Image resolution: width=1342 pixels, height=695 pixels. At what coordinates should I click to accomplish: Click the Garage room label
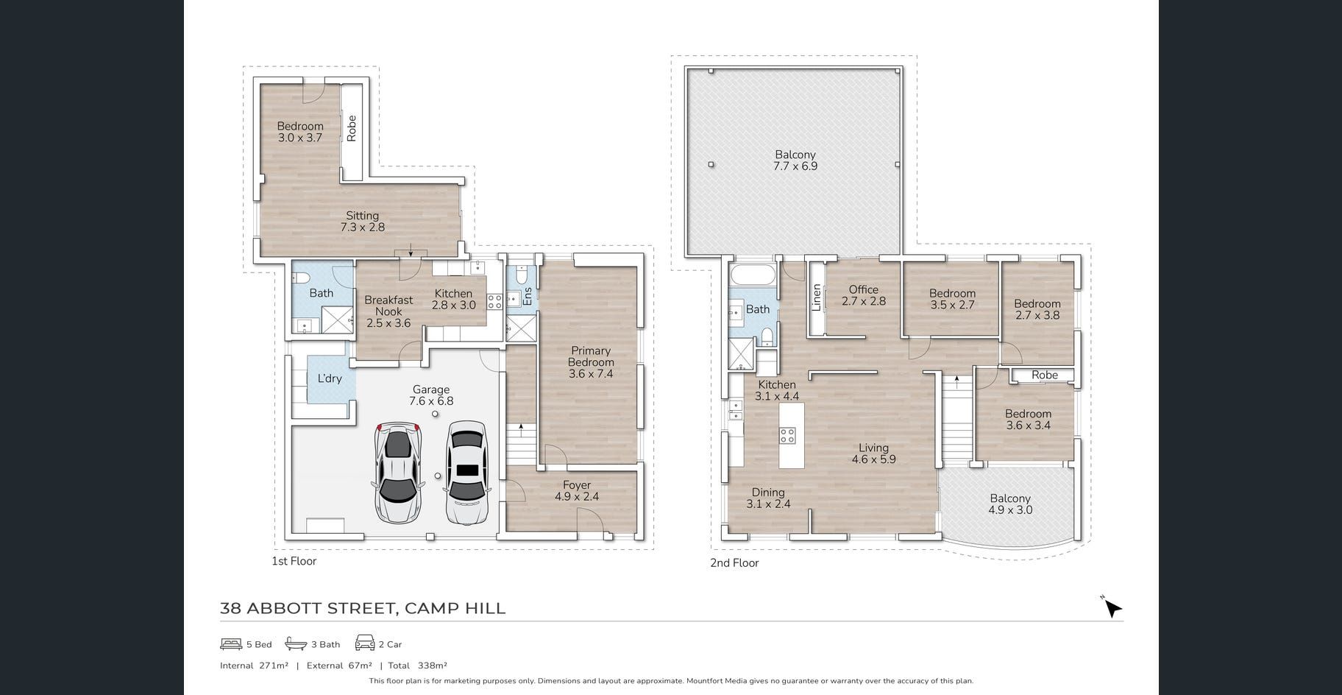(431, 395)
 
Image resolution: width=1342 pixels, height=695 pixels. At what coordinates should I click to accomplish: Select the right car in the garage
(466, 473)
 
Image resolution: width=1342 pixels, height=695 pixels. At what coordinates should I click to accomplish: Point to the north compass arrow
(1112, 608)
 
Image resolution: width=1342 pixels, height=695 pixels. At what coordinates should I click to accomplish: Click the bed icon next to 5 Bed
(231, 644)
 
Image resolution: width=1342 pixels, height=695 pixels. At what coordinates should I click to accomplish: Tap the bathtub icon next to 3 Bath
(296, 644)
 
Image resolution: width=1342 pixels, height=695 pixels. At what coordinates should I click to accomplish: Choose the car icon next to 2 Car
(365, 643)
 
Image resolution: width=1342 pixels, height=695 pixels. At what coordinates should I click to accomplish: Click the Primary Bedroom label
(591, 362)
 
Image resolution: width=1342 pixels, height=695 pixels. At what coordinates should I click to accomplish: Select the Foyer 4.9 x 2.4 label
(577, 491)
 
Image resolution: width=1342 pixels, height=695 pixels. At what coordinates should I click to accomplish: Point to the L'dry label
(330, 378)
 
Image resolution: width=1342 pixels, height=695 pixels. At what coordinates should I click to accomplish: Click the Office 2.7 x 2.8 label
(864, 295)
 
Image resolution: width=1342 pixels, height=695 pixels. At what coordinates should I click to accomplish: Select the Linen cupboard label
(816, 298)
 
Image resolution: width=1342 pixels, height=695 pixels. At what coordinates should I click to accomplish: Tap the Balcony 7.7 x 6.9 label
(795, 160)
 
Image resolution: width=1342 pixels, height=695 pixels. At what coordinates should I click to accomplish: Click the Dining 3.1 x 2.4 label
(768, 498)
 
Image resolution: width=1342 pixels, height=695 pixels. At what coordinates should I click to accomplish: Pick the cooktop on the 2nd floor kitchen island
(787, 435)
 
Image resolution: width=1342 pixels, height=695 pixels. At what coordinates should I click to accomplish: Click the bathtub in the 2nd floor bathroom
(753, 278)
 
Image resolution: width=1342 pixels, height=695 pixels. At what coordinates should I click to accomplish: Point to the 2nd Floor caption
(734, 563)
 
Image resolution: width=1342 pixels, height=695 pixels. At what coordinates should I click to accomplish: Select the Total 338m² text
(418, 666)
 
